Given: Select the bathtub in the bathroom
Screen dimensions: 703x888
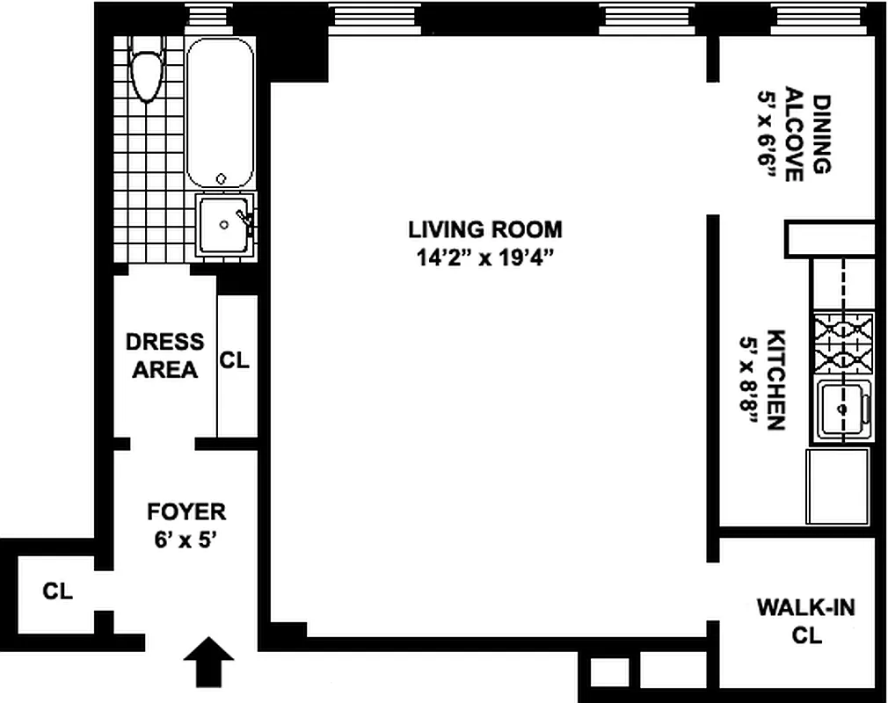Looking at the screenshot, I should click(x=220, y=114).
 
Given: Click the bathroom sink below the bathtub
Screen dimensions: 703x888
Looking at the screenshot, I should click(x=225, y=225).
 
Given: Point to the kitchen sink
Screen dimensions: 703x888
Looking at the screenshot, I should click(x=845, y=409).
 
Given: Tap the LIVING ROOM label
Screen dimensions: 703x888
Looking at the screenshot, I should click(x=484, y=230).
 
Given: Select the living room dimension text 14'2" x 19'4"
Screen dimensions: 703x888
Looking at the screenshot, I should click(x=484, y=257).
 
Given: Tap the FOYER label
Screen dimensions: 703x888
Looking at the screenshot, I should click(x=186, y=511).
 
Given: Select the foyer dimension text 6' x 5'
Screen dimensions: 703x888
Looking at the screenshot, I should click(x=186, y=538).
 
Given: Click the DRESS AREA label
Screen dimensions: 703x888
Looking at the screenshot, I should click(x=164, y=356).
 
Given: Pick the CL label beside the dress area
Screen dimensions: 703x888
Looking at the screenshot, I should click(x=235, y=359).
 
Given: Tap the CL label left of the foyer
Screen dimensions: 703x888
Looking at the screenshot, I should click(x=57, y=591).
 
